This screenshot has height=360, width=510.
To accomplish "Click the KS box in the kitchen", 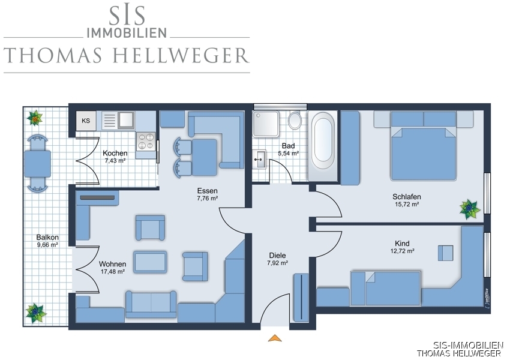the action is click(x=86, y=121).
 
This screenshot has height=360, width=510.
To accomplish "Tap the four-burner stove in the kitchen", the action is click(x=145, y=142).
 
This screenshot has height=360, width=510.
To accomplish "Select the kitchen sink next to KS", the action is click(x=118, y=121).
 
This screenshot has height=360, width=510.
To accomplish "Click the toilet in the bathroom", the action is click(x=295, y=120).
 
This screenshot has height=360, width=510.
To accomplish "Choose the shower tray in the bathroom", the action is click(x=266, y=124).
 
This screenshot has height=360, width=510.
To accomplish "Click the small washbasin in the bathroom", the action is click(x=260, y=159).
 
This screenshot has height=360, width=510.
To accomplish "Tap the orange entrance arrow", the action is click(x=275, y=338).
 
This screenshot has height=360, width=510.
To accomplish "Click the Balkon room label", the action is click(x=47, y=237).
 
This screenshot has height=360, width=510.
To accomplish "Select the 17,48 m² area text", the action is click(x=113, y=272).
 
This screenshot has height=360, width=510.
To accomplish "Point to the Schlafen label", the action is click(x=407, y=196).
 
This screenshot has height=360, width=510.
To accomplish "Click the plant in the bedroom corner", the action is click(x=469, y=209).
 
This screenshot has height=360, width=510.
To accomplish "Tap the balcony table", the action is click(x=37, y=164).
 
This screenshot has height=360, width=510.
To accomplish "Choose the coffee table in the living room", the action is click(x=150, y=262).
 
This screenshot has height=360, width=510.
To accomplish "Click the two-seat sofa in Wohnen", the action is click(x=151, y=304).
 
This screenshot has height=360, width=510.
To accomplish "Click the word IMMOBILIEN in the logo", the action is click(x=127, y=32).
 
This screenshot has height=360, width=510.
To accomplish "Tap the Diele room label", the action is click(x=277, y=255).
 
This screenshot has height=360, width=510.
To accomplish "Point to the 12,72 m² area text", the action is click(x=402, y=251).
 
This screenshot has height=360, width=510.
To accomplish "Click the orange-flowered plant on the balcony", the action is click(x=35, y=118).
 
